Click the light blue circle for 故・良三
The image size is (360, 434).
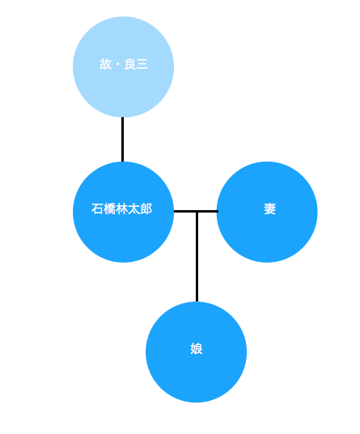(123, 67)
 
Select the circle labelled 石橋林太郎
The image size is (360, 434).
(123, 212)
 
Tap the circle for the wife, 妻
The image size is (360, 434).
(267, 212)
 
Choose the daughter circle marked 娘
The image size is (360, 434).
(197, 352)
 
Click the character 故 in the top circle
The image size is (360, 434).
(106, 64)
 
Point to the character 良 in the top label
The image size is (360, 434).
(129, 64)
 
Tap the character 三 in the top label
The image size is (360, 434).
(142, 64)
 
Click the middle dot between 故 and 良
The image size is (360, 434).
(118, 65)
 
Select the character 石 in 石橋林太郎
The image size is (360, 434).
(97, 209)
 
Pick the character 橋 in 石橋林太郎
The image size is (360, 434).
(109, 209)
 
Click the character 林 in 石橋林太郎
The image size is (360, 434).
(121, 209)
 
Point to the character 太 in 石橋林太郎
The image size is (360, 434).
(133, 209)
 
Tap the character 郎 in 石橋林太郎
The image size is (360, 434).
(146, 209)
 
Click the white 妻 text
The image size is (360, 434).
(269, 209)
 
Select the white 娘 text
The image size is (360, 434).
(197, 349)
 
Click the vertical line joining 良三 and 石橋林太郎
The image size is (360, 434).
(122, 140)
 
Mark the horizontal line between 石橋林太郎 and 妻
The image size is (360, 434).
(196, 212)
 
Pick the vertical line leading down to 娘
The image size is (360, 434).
(197, 256)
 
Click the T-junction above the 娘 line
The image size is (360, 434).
(197, 212)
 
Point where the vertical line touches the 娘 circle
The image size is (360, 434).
(197, 301)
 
